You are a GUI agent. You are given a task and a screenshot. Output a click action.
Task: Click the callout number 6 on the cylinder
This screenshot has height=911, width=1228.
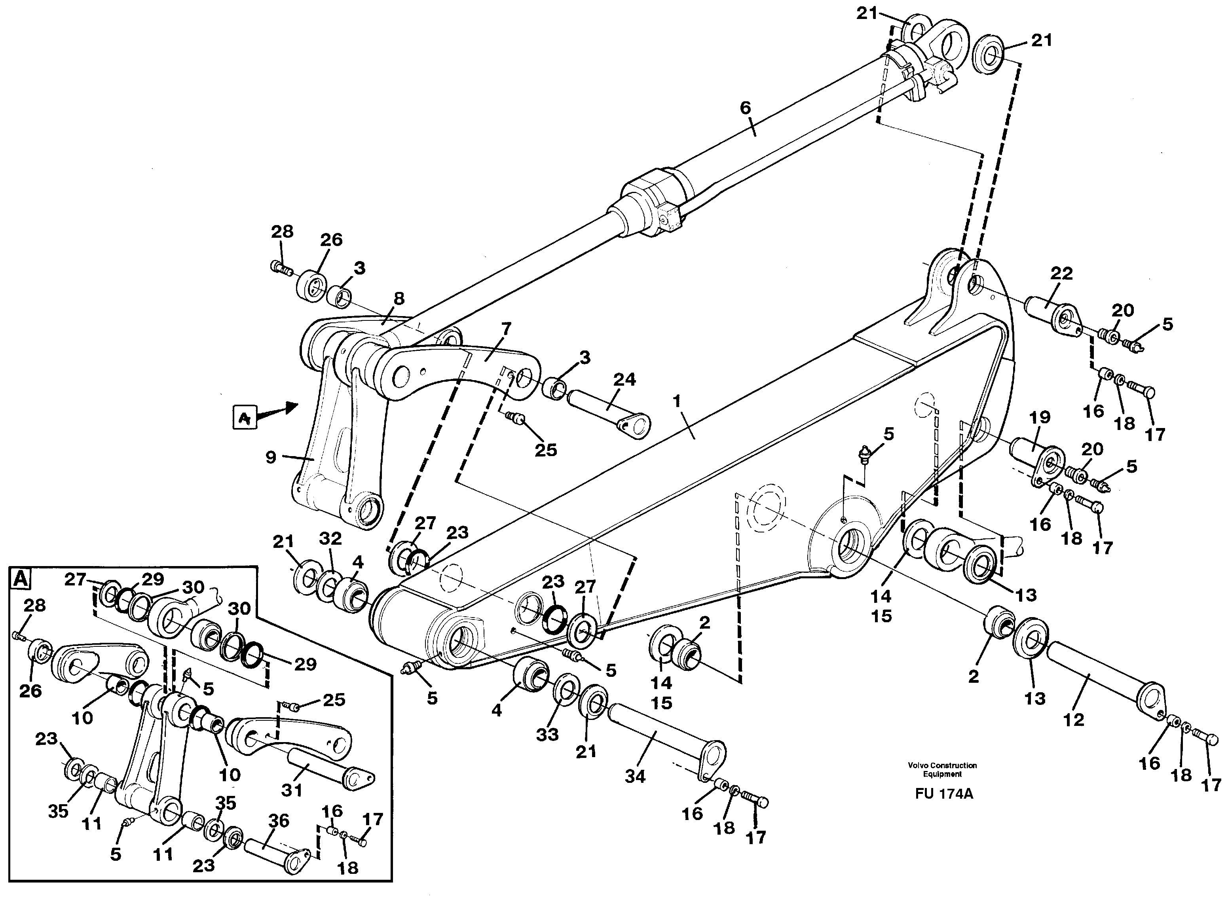click(x=745, y=108)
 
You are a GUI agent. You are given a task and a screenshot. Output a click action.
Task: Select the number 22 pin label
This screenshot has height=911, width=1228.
click(x=1061, y=273)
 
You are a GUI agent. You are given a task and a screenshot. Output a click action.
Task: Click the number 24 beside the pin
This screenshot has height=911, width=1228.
click(x=624, y=379)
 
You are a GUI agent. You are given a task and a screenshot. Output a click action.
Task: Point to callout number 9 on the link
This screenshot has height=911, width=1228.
click(x=271, y=457)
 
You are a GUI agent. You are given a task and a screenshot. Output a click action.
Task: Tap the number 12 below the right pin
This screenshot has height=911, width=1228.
click(x=1074, y=719)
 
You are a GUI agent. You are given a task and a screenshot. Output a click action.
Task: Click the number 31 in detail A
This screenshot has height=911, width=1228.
click(x=292, y=790)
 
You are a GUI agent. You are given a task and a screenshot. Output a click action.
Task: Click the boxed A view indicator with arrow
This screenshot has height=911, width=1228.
click(x=245, y=417)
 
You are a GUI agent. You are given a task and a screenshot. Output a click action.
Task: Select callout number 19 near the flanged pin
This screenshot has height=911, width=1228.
click(x=1040, y=417)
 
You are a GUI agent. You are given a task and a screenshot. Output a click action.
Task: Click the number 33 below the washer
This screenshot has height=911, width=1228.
click(x=547, y=734)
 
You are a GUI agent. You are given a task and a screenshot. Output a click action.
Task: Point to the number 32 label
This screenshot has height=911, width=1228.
click(x=330, y=538)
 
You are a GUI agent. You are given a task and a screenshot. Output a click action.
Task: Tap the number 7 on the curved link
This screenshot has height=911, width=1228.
click(x=506, y=329)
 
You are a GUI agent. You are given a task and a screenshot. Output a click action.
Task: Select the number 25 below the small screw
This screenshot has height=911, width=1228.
click(x=546, y=450)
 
